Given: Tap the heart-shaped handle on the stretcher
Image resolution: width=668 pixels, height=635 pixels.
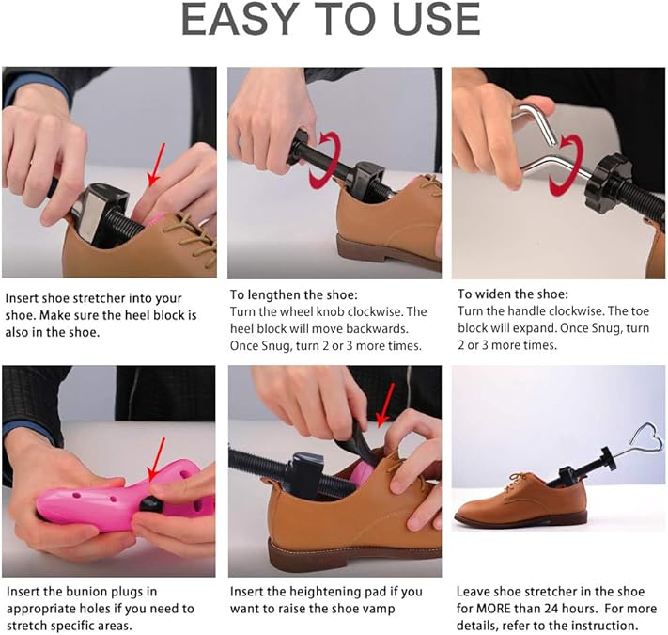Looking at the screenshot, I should coord(641,438).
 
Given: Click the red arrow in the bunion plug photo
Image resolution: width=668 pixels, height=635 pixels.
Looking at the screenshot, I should coord(155,461).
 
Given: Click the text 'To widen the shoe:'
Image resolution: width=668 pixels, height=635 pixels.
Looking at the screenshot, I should coord(513,294).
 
